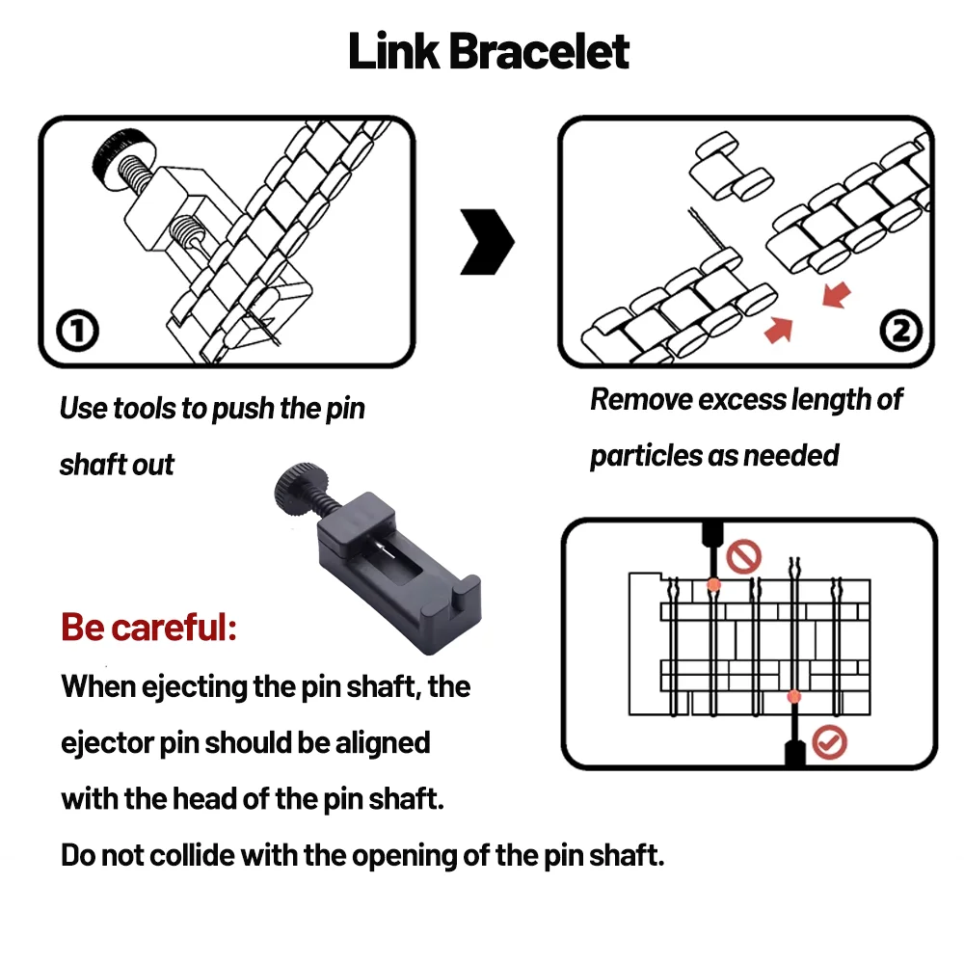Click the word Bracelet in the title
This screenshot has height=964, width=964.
coord(539,51)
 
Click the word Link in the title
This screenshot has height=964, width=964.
coord(393,51)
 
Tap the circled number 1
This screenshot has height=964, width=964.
coord(77,331)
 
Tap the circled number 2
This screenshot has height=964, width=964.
coord(900,331)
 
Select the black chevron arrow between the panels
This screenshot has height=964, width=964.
coord(487,242)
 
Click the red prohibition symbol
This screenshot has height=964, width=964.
coord(744,557)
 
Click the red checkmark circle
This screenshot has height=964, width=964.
coord(829,742)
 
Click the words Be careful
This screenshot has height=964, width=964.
coord(148,628)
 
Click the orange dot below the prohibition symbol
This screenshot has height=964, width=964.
coord(713,585)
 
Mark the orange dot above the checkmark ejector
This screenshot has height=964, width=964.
coord(793,697)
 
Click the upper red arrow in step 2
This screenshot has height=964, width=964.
coord(837,294)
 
